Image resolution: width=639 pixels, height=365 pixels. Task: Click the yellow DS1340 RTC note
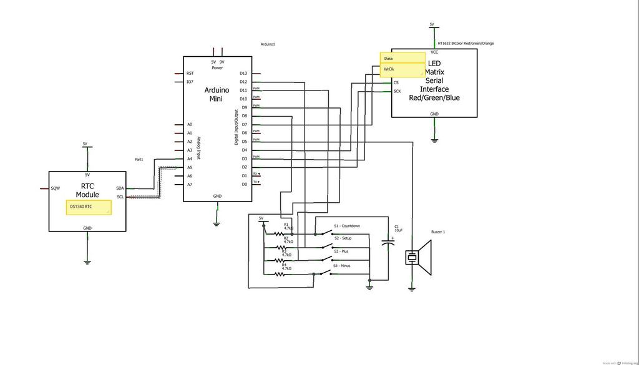89,207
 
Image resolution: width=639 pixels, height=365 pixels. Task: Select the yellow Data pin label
402,58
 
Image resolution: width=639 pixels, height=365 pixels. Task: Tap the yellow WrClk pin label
402,69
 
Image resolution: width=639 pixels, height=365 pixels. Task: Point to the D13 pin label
243,73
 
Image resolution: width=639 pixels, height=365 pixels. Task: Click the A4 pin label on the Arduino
189,158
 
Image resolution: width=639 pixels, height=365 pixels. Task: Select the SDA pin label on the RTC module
120,188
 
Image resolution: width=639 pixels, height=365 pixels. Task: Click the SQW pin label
56,188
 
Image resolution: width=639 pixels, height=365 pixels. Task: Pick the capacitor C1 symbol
390,244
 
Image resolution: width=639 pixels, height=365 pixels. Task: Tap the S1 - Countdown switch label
347,226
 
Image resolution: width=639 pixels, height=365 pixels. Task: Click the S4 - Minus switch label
342,266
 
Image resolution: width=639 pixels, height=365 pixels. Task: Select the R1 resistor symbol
278,234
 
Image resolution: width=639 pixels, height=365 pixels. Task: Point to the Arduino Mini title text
217,94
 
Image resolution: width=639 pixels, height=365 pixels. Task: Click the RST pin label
190,73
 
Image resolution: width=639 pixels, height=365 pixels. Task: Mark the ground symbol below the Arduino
217,222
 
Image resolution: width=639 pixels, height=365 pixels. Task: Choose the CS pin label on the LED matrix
396,82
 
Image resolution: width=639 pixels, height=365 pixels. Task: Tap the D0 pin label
244,184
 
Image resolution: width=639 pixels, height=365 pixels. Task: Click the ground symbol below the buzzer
411,288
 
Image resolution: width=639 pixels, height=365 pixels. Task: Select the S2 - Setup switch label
343,238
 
